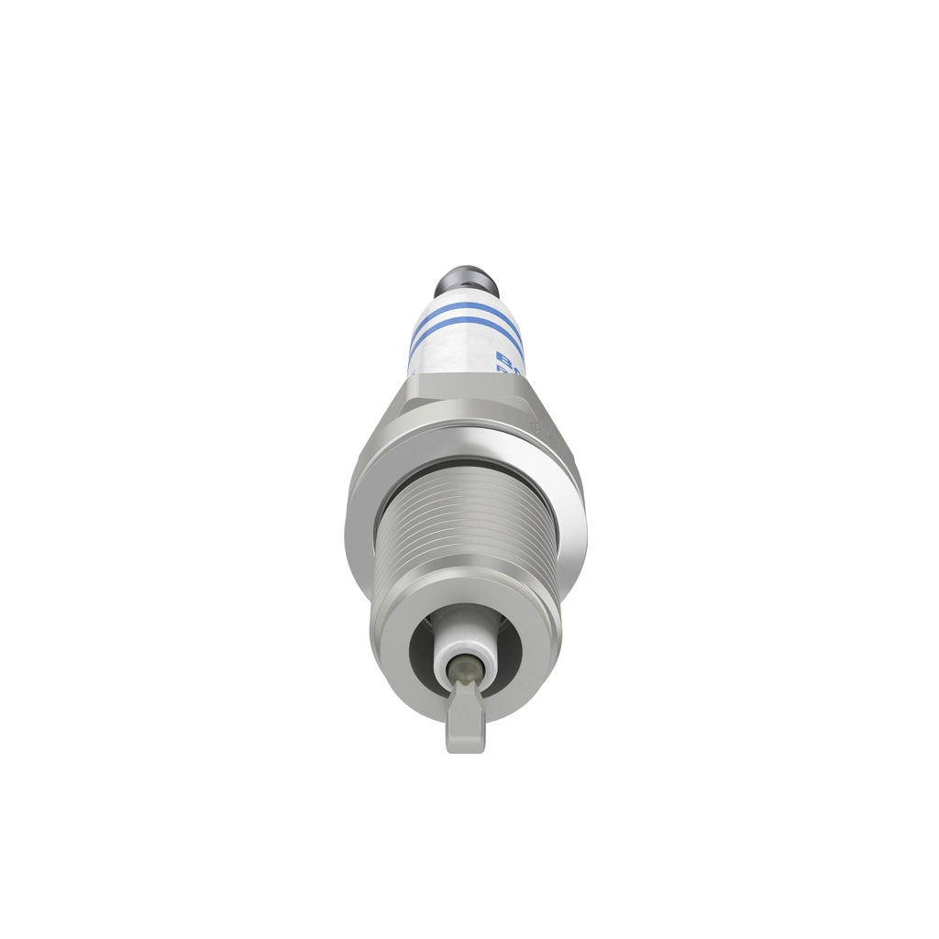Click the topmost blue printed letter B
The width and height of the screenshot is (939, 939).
[x=502, y=356]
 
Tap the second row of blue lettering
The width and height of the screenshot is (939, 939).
[x=502, y=369]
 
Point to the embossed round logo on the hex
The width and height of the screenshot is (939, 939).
[x=536, y=427]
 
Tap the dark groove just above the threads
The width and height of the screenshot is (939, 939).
[x=468, y=464]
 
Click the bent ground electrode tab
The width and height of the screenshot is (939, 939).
[x=466, y=724]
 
